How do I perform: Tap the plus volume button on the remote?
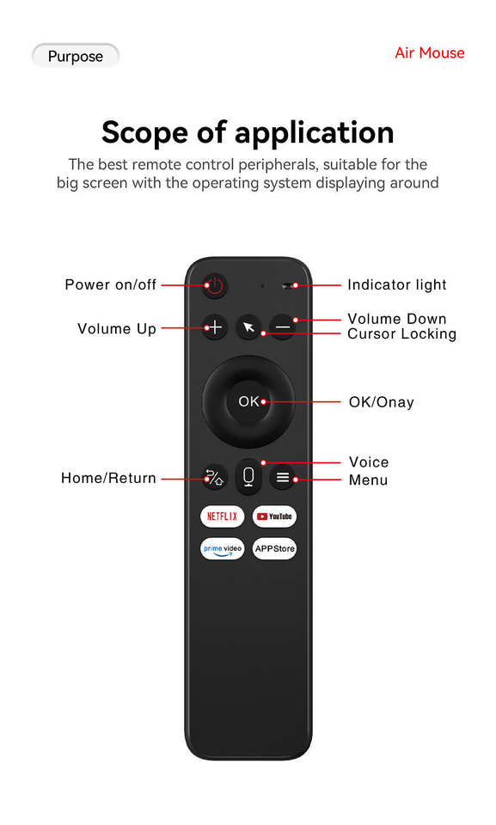coord(215,327)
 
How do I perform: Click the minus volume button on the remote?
coord(283,327)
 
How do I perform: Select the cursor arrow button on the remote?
coord(248,327)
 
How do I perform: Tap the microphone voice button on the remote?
coord(248,477)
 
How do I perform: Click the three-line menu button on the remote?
coord(283,477)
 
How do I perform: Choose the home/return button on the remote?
coord(214,478)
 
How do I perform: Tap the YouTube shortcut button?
coord(274,516)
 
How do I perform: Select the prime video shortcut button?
coord(222,549)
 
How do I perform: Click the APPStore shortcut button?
coord(274,549)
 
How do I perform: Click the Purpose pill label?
coord(76,56)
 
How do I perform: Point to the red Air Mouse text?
coord(430,53)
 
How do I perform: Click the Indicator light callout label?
coord(397,284)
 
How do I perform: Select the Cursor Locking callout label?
coord(401,334)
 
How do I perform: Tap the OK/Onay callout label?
coord(381,402)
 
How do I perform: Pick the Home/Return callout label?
coord(108,478)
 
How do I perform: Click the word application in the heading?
coord(315,133)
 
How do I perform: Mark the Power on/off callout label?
coord(111,284)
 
